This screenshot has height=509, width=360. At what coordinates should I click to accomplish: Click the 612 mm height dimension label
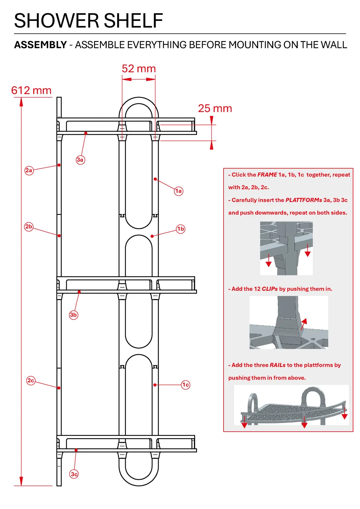point(31,90)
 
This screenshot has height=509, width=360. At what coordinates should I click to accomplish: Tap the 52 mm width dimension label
point(139,69)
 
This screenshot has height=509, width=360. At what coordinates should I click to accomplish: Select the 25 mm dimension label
point(215,108)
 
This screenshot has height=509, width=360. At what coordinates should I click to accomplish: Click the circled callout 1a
point(179,191)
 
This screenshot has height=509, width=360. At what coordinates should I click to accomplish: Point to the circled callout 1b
point(181,229)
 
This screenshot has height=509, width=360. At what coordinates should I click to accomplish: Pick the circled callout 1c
point(185,385)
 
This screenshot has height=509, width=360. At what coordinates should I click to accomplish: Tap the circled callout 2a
point(29,170)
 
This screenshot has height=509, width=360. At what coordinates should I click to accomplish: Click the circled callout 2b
point(29,227)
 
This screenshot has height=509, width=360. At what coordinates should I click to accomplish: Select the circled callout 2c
point(31,380)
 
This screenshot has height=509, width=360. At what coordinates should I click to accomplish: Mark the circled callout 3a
point(80,160)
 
